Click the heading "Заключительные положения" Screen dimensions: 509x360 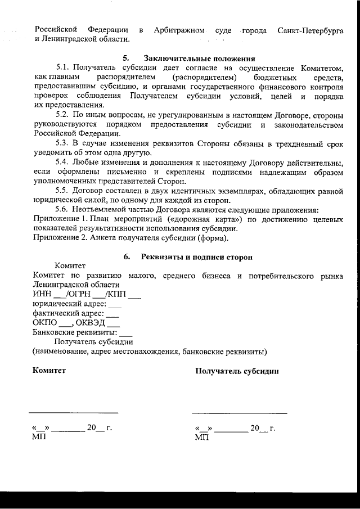pyautogui.click(x=200, y=58)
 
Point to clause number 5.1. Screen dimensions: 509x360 pyautogui.click(x=65, y=67)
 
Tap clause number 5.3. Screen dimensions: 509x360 pyautogui.click(x=65, y=144)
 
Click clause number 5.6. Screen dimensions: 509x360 pyautogui.click(x=65, y=210)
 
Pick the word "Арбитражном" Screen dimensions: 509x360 pyautogui.click(x=179, y=29)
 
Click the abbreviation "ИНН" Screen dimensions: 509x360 pyautogui.click(x=42, y=294)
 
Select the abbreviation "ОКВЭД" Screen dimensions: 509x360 pyautogui.click(x=90, y=323)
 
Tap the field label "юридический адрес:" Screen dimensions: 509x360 pyautogui.click(x=69, y=304)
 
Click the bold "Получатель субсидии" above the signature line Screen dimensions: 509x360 pyautogui.click(x=237, y=371)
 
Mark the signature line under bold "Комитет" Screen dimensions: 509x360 pyautogui.click(x=74, y=413)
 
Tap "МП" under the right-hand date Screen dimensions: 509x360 pyautogui.click(x=201, y=437)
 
